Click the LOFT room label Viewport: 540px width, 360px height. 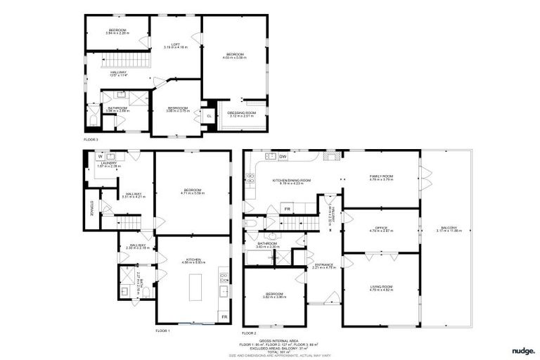coord(176,44)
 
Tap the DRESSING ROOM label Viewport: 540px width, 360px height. coord(241,112)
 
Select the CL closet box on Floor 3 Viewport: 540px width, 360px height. coord(209,116)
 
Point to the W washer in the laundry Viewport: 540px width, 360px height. coord(91,156)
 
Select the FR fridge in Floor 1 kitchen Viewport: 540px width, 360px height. coord(224,317)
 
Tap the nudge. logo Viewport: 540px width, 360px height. coord(522,349)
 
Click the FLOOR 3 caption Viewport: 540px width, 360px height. coord(91,140)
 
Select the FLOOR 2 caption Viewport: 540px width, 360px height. coord(250,333)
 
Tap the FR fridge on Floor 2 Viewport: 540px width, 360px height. coord(287,209)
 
